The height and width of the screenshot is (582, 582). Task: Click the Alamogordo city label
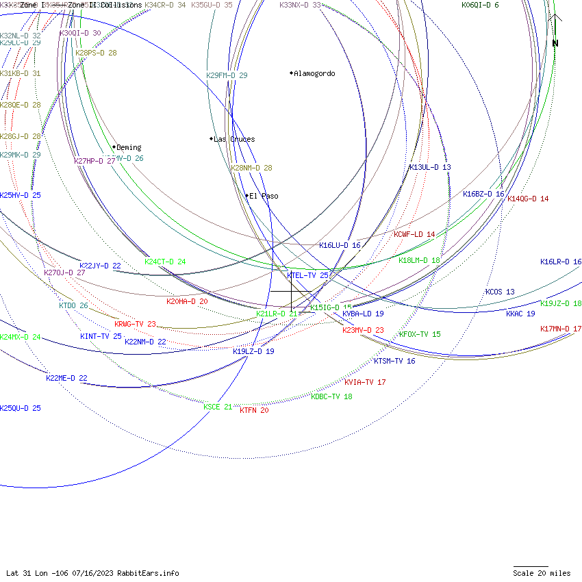coord(314,73)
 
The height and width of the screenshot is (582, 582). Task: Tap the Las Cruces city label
coord(234,139)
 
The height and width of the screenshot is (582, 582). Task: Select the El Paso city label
coord(264,196)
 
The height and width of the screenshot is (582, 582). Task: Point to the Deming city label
coord(129,147)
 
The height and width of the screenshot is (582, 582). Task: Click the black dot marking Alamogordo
coord(292,73)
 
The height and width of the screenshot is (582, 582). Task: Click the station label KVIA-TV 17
coord(365,382)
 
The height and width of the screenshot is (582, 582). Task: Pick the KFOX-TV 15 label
coord(420,334)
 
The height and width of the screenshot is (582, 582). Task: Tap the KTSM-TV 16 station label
coord(394,361)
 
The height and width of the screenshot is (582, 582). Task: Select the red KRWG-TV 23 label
coord(135,324)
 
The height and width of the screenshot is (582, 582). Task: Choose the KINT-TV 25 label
coord(101,336)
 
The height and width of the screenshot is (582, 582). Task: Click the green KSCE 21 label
coord(218,407)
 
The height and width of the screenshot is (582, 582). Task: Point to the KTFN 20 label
coord(254,410)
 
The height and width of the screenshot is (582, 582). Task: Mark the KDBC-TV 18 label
coord(331,396)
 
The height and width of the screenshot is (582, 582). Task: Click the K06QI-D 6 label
coord(480,5)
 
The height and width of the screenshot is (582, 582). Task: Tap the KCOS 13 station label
coord(500,292)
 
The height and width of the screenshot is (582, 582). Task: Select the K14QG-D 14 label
coord(528,199)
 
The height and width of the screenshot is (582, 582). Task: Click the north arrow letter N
coord(555,43)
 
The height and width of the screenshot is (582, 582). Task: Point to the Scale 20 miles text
coord(542,573)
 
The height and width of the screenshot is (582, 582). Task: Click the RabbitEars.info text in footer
coord(148,573)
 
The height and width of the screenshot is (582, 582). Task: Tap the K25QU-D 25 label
coord(21,408)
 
